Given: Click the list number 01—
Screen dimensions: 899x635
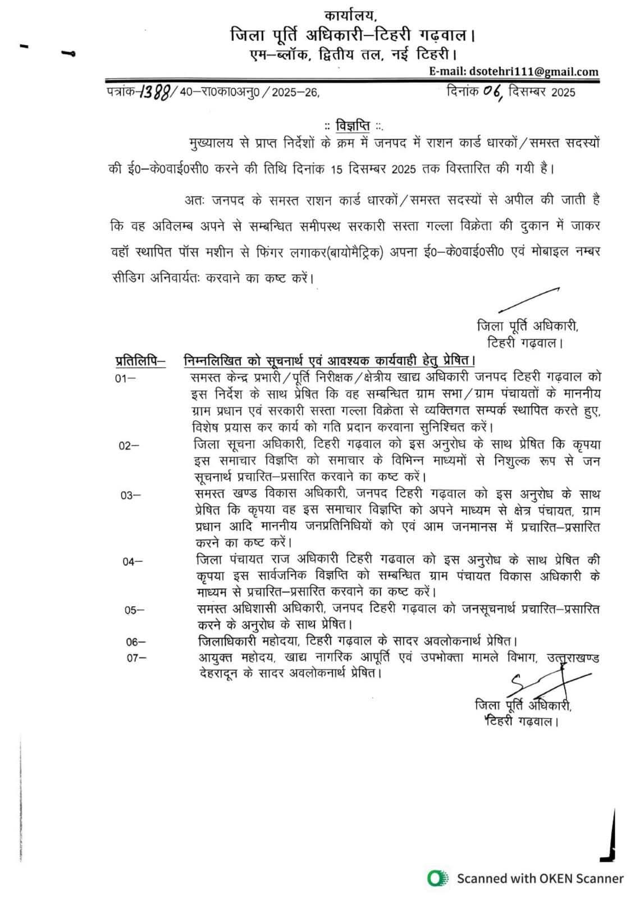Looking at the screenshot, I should pos(125,378).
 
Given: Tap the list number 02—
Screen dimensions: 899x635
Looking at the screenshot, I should pos(129,446).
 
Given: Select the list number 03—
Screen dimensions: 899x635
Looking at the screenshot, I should pos(130,495).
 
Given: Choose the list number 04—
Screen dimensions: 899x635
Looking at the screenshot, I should pos(133,561).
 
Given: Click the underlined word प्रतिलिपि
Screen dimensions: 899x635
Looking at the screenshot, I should pos(140,360).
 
